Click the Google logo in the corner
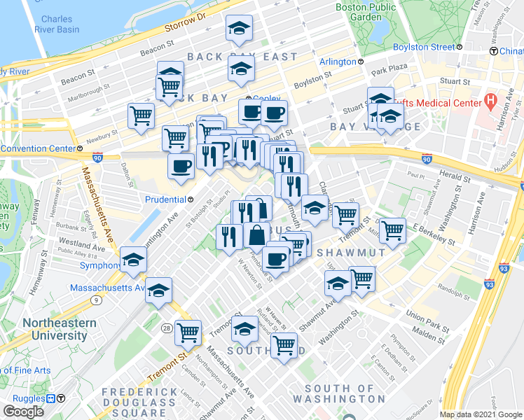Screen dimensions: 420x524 pyautogui.click(x=24, y=412)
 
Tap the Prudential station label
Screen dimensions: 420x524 pyautogui.click(x=165, y=199)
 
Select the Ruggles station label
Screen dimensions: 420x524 pyautogui.click(x=29, y=398)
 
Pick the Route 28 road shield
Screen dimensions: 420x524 pyautogui.click(x=166, y=328)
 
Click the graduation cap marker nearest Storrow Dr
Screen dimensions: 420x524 pyautogui.click(x=239, y=29)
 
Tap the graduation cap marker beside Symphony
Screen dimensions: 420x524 pyautogui.click(x=133, y=260)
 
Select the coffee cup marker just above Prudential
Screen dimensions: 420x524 pyautogui.click(x=181, y=167)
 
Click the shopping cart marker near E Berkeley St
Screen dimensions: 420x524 pyautogui.click(x=392, y=229)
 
